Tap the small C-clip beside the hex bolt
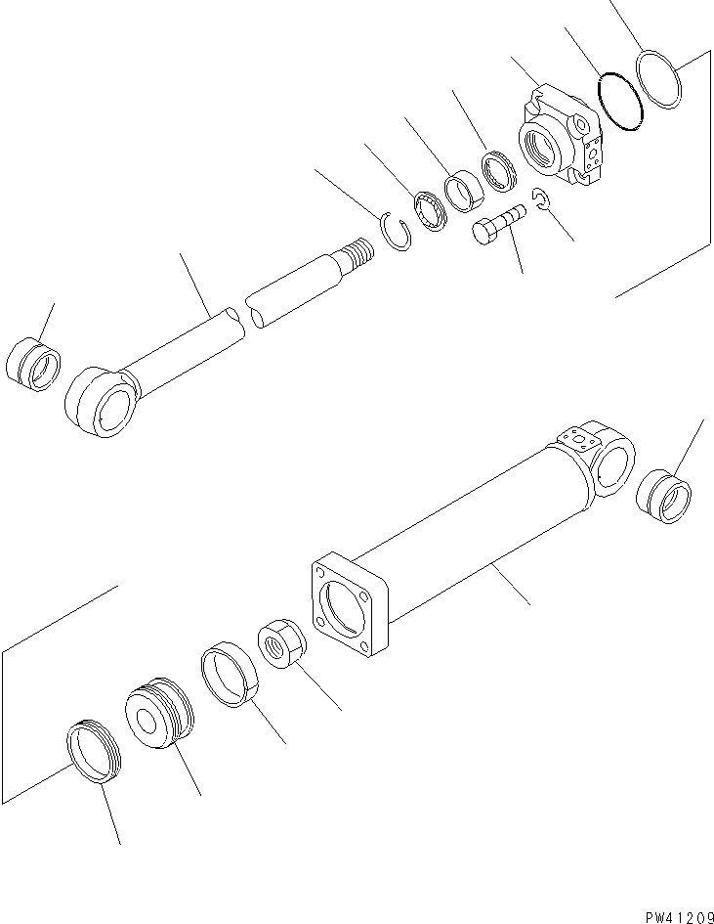(542, 201)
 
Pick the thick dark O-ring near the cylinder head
(620, 100)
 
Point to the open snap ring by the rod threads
(395, 236)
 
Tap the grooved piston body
(159, 719)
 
